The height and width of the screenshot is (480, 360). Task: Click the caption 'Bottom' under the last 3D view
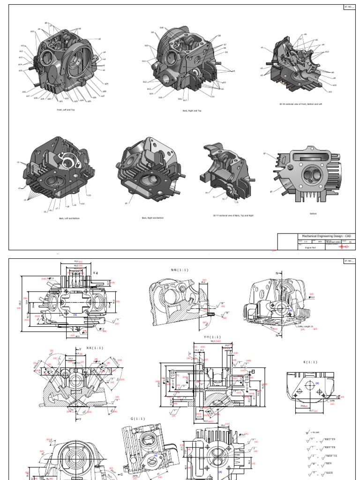point(313,213)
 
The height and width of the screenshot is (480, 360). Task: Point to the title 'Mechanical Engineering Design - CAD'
point(324,236)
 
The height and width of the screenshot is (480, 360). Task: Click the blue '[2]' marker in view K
point(317,383)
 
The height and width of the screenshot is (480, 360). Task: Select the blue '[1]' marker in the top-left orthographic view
point(75,315)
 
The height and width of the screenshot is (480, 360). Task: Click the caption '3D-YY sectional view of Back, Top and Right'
point(233,216)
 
